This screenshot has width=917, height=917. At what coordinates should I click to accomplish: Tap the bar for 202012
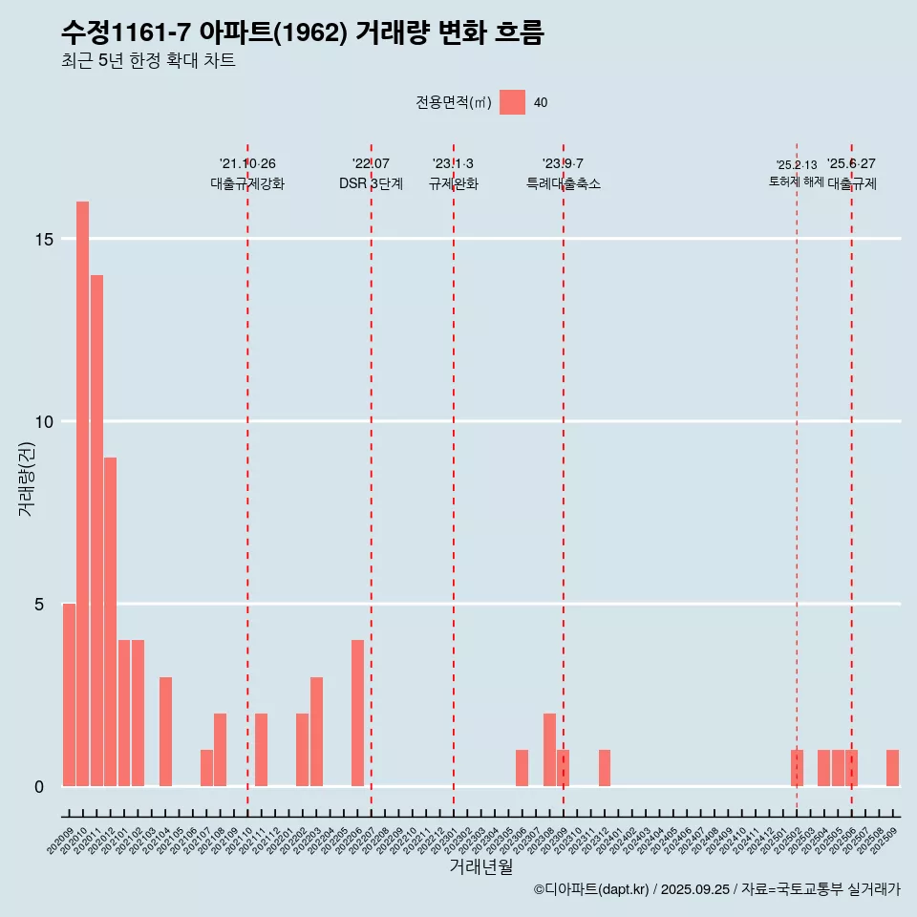111,622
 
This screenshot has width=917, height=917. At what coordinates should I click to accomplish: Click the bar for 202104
165,732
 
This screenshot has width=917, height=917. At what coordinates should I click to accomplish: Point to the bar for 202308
549,750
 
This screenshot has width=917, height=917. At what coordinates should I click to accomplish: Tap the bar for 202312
605,768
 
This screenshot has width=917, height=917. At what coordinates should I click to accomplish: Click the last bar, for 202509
892,768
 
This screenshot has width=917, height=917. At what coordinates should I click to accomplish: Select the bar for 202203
316,732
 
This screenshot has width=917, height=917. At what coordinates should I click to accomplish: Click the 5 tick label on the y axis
40,605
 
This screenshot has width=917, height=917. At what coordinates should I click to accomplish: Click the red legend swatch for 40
513,102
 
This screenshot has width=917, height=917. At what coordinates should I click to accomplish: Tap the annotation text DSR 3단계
371,183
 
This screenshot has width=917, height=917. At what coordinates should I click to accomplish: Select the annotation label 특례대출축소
564,183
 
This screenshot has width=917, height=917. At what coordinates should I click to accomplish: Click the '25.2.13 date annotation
796,165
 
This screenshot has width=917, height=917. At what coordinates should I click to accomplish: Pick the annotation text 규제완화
453,183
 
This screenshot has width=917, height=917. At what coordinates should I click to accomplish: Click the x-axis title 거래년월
481,866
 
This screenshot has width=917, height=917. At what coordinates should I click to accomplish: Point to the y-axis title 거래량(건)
26,479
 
